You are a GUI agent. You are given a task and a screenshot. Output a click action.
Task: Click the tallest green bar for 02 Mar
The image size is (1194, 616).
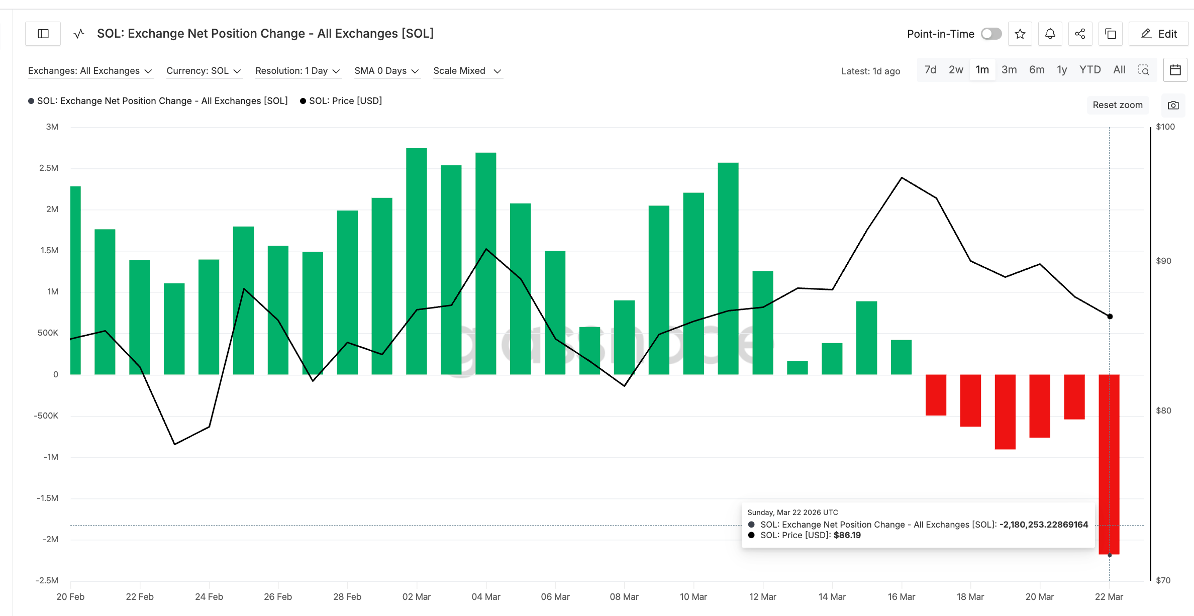(416, 261)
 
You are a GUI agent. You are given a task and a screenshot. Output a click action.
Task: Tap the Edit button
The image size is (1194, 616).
(1158, 34)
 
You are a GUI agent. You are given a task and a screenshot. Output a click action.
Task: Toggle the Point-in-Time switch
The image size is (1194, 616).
(991, 34)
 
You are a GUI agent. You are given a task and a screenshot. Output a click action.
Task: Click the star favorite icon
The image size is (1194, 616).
(1020, 34)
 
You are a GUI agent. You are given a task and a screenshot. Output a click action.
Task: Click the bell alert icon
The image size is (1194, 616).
(1050, 34)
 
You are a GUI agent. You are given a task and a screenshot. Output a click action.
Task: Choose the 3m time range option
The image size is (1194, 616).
(1009, 70)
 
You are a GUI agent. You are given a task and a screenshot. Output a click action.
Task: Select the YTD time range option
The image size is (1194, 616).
(1089, 70)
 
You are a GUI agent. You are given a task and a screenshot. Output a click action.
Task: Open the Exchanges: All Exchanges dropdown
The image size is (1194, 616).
(90, 71)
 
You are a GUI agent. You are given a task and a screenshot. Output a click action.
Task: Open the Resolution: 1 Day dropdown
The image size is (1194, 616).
(297, 71)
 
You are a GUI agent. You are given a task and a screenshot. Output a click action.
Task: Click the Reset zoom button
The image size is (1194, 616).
(1117, 105)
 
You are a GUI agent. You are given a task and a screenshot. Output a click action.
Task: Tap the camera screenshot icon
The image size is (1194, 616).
(1173, 105)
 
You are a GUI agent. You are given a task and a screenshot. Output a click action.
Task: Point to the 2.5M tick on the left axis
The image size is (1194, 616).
(49, 168)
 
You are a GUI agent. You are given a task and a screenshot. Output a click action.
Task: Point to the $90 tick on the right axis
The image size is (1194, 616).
(1163, 261)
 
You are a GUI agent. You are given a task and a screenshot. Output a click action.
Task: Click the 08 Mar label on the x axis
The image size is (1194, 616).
(624, 596)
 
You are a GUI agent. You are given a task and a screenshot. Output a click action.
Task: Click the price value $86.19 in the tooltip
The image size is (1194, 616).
(847, 535)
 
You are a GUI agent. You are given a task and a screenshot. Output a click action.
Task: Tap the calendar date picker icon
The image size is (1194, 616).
(1175, 70)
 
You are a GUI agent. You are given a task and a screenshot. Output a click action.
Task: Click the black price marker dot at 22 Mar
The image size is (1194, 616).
(1110, 317)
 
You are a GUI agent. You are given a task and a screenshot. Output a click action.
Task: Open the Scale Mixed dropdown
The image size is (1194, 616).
(467, 71)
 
